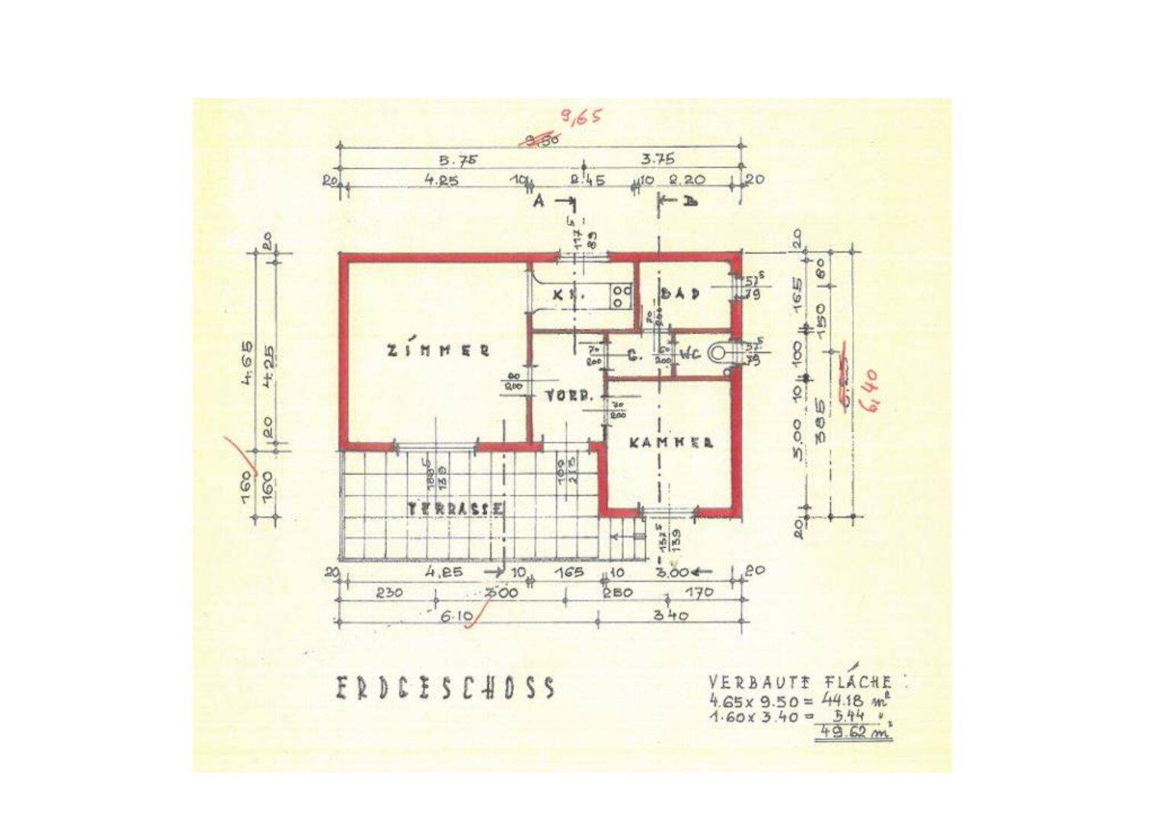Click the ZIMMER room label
pyautogui.click(x=438, y=351)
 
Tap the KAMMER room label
pyautogui.click(x=671, y=442)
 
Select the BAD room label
pyautogui.click(x=680, y=293)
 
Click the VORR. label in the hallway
pyautogui.click(x=570, y=396)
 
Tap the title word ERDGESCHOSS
pyautogui.click(x=446, y=688)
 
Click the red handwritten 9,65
pyautogui.click(x=580, y=117)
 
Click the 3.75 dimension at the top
pyautogui.click(x=657, y=160)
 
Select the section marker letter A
pyautogui.click(x=538, y=201)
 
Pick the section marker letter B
pyautogui.click(x=690, y=201)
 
